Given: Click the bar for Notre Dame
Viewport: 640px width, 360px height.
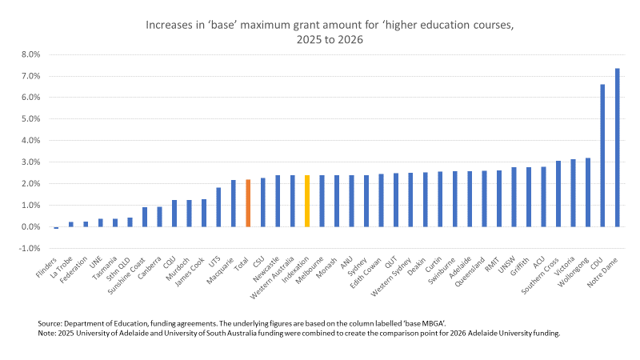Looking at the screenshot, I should coord(617,147).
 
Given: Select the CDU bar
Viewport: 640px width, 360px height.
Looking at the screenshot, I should coord(602,155).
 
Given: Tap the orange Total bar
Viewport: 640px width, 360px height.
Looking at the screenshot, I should coord(248,203).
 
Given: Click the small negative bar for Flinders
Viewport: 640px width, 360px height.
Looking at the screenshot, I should coord(56,228).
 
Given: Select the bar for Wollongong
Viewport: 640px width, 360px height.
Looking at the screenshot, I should coord(587,192).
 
